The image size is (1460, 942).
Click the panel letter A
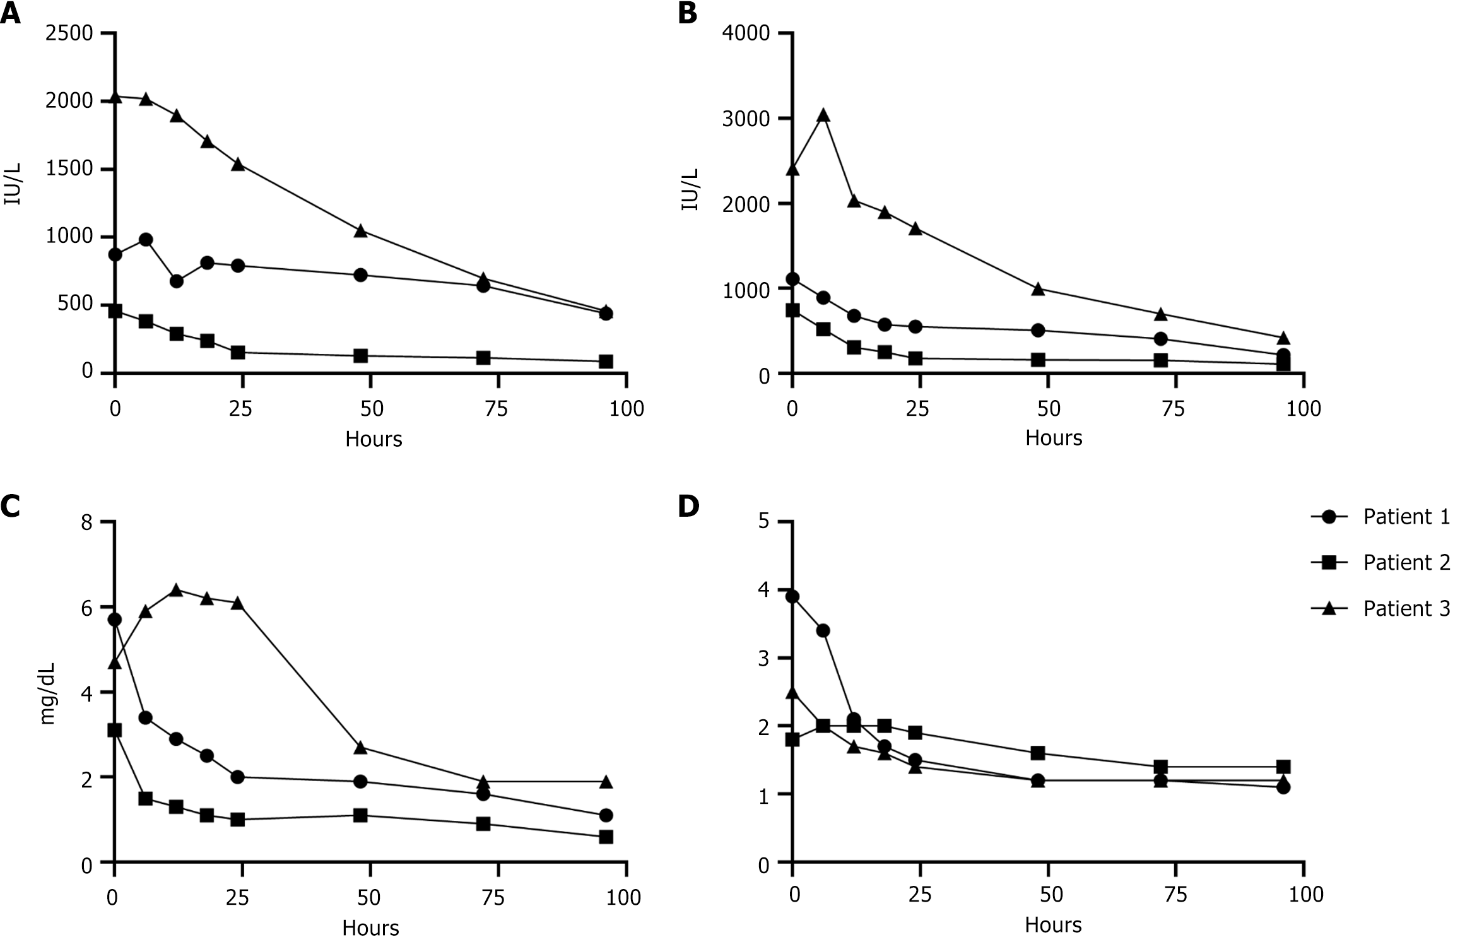pos(10,13)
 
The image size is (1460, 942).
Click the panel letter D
pos(688,507)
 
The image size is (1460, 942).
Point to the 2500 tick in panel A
pos(69,33)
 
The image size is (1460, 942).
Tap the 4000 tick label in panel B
pos(747,33)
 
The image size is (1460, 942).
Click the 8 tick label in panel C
pos(86,523)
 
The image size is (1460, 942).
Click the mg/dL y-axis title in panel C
pos(48,693)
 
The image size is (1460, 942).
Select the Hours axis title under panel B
pos(1053,438)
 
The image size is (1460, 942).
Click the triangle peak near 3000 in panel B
pos(823,115)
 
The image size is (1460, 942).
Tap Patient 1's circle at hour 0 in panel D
pos(792,597)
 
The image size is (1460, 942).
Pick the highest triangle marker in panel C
pos(176,590)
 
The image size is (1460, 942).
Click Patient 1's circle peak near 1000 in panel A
pos(146,240)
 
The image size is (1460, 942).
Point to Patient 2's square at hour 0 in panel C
pos(114,730)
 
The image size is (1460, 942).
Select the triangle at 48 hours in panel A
pos(361,230)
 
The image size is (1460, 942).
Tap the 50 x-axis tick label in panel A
pos(372,409)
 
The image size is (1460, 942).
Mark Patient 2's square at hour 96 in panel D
pos(1283,767)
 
